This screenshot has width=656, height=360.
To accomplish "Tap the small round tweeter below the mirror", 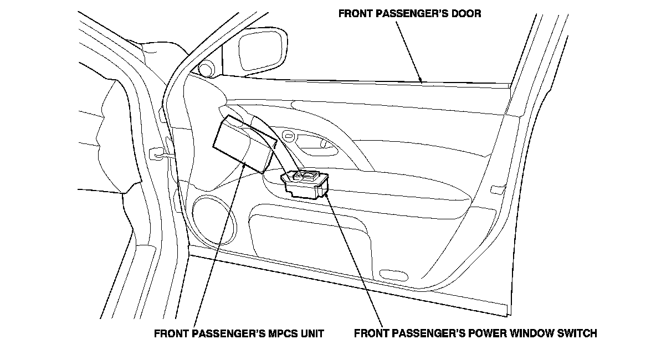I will [206, 69].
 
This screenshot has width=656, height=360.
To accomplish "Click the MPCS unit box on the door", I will [242, 143].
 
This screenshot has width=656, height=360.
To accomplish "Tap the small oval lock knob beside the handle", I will [288, 135].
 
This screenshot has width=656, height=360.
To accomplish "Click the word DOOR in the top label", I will [467, 13].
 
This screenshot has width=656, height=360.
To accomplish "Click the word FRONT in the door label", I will [354, 13].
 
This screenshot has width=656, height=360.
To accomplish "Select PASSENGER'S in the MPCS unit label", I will [219, 334].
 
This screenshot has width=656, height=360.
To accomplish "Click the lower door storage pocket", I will [310, 238].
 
